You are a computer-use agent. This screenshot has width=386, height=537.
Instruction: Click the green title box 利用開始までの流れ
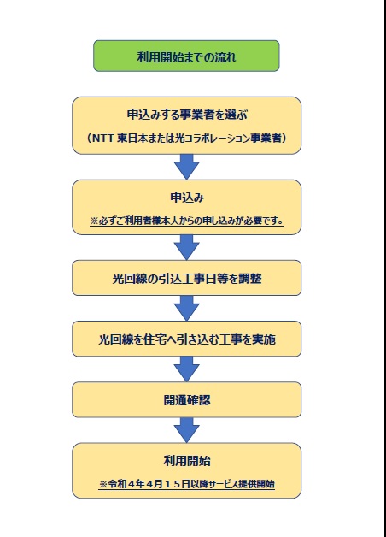pyautogui.click(x=186, y=56)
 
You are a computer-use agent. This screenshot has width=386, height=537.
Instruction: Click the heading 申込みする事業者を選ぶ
pyautogui.click(x=187, y=115)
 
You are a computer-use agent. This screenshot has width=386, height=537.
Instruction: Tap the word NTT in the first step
pyautogui.click(x=103, y=138)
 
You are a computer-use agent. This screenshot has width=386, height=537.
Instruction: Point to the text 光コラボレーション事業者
pyautogui.click(x=228, y=138)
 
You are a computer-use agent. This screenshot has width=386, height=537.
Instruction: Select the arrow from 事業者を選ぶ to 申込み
pyautogui.click(x=187, y=167)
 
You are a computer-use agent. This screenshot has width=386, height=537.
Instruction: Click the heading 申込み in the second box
pyautogui.click(x=187, y=198)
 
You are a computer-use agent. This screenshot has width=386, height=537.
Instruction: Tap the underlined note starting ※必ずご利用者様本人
pyautogui.click(x=187, y=221)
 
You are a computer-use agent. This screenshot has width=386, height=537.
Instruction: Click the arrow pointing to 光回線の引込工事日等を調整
pyautogui.click(x=187, y=247)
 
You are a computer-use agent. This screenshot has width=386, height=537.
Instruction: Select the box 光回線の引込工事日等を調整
pyautogui.click(x=187, y=278)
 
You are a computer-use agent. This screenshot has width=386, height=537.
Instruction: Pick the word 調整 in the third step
pyautogui.click(x=250, y=279)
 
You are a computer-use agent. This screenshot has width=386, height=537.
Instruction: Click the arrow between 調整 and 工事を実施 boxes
pyautogui.click(x=187, y=308)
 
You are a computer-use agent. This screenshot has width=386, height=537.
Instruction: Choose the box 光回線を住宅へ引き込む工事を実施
pyautogui.click(x=187, y=339)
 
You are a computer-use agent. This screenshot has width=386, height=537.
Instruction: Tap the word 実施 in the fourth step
pyautogui.click(x=264, y=339)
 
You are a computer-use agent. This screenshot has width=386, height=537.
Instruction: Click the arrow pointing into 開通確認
pyautogui.click(x=187, y=369)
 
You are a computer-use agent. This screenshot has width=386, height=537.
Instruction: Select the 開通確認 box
pyautogui.click(x=187, y=399)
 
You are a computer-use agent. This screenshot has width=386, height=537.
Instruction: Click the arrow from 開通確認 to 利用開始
pyautogui.click(x=187, y=430)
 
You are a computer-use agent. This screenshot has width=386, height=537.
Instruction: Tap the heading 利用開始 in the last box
pyautogui.click(x=187, y=461)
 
